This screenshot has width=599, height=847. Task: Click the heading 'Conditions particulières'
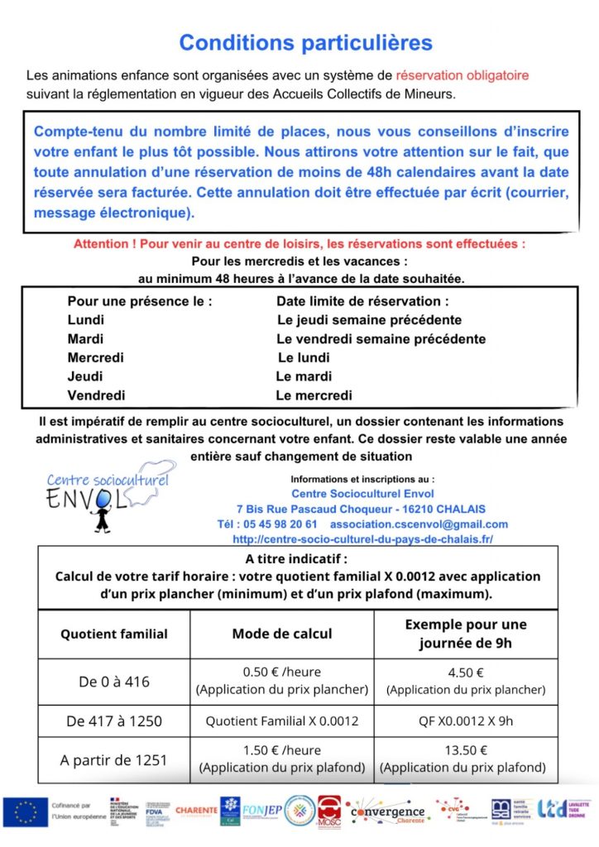(305, 42)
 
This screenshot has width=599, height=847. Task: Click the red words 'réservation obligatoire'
(462, 75)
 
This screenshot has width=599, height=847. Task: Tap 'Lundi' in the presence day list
(86, 320)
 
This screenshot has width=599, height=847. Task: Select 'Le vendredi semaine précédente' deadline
(381, 339)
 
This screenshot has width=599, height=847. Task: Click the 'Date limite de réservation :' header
(362, 301)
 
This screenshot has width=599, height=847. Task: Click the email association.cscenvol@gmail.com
(419, 524)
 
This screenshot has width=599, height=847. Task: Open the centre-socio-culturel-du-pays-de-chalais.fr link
(363, 539)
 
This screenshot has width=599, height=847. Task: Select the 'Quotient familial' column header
(114, 634)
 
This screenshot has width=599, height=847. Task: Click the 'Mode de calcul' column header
(282, 634)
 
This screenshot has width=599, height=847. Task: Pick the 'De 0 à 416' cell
(114, 682)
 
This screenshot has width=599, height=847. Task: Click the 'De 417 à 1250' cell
(114, 721)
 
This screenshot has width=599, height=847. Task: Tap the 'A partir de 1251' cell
(114, 759)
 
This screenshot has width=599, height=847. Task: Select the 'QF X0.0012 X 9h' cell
(466, 721)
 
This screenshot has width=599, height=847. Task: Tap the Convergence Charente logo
(386, 811)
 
